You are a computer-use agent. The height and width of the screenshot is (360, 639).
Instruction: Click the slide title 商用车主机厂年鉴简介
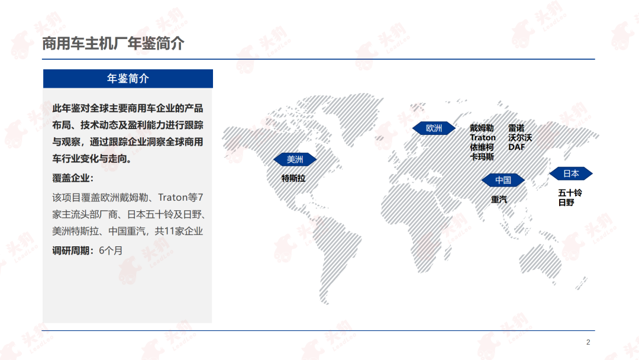tap(113, 44)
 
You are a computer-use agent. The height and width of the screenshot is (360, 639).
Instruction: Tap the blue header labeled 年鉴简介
tap(128, 79)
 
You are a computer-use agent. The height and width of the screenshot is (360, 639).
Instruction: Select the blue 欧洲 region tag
tap(434, 128)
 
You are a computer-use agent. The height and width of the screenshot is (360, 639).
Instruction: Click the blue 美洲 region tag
tap(295, 159)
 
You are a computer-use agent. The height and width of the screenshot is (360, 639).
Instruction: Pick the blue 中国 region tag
tap(504, 180)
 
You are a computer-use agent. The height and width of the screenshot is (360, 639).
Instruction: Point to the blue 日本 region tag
tap(571, 173)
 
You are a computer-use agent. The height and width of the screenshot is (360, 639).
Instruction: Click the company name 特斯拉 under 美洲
tap(293, 178)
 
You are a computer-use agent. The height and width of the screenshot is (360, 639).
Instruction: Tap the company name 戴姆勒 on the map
tap(482, 128)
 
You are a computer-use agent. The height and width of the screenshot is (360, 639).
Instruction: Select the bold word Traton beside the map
tap(483, 138)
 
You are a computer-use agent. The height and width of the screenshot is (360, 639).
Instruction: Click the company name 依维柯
tap(482, 147)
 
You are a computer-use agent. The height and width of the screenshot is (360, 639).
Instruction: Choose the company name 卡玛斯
tap(482, 157)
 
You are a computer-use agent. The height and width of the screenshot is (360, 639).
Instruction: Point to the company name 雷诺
tap(517, 128)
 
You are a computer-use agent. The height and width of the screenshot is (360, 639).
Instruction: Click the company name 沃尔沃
tap(520, 138)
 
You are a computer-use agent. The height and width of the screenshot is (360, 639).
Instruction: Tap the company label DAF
tap(517, 147)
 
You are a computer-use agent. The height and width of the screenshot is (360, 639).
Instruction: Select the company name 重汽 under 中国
tap(499, 200)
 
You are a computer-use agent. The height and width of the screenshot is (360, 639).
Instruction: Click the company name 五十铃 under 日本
tap(570, 193)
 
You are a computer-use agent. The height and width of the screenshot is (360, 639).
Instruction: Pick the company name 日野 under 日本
tap(566, 202)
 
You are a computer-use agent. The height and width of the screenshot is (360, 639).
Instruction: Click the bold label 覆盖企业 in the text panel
tap(71, 178)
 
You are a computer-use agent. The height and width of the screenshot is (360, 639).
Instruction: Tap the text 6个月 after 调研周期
tap(111, 250)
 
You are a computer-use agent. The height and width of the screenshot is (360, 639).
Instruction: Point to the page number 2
tap(588, 342)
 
